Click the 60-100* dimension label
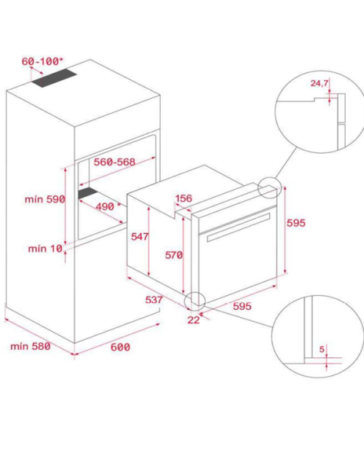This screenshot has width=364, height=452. (42, 61)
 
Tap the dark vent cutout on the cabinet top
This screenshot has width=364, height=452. (54, 78)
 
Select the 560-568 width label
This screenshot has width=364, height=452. (114, 162)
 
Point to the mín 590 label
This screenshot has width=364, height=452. (45, 199)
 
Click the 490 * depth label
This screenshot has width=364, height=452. (108, 206)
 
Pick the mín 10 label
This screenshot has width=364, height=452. (45, 249)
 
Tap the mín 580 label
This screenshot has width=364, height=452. (31, 346)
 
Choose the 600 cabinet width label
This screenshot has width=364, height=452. (120, 347)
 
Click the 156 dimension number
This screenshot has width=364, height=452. (183, 198)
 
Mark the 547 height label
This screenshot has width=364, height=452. (140, 236)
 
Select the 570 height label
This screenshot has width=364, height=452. (173, 255)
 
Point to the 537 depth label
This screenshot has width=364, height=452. (154, 300)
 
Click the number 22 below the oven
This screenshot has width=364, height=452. (194, 320)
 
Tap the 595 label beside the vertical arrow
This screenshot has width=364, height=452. (296, 223)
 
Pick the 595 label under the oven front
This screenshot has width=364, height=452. (242, 306)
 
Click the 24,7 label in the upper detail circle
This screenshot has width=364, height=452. (320, 83)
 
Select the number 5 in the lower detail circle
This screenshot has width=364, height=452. (322, 349)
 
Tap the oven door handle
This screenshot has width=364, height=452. (239, 227)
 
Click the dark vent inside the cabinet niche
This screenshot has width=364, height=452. (88, 192)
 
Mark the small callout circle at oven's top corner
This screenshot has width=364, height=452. (269, 187)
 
